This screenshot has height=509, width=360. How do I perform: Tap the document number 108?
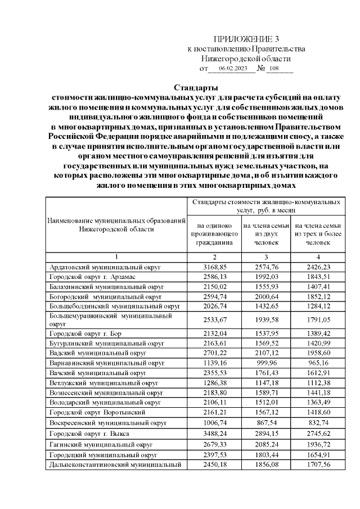274,69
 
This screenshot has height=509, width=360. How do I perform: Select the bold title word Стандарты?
196,87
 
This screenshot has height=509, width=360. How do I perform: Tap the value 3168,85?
213,267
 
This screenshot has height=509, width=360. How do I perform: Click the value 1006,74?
213,423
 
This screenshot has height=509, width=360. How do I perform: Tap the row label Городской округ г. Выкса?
90,434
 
